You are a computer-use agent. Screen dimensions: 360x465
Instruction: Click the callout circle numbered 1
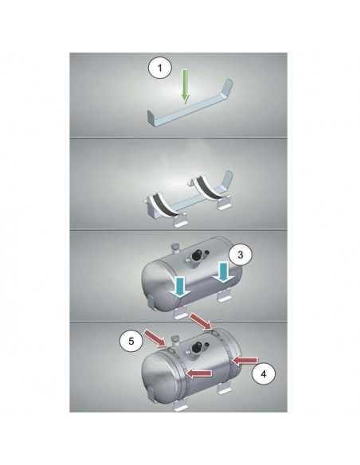[160, 68]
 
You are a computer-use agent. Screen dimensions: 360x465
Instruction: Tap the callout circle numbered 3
[241, 255]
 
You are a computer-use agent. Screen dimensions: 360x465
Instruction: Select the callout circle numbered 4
[264, 374]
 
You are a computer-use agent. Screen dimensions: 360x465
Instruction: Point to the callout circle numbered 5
[131, 341]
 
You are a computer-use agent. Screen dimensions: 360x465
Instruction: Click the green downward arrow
[185, 87]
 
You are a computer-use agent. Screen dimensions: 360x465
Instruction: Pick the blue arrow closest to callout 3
[223, 272]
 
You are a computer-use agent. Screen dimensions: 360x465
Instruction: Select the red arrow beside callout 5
[155, 338]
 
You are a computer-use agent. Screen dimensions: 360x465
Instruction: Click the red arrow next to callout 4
[245, 361]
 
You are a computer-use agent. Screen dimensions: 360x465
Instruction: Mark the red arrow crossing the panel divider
[201, 321]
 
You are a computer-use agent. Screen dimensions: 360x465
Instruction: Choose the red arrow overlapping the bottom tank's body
[200, 373]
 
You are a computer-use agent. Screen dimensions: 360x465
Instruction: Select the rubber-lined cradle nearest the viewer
[165, 208]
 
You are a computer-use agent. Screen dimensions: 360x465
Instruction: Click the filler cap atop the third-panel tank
[175, 248]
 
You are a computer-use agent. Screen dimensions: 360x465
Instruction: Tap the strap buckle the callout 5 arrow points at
[171, 350]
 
